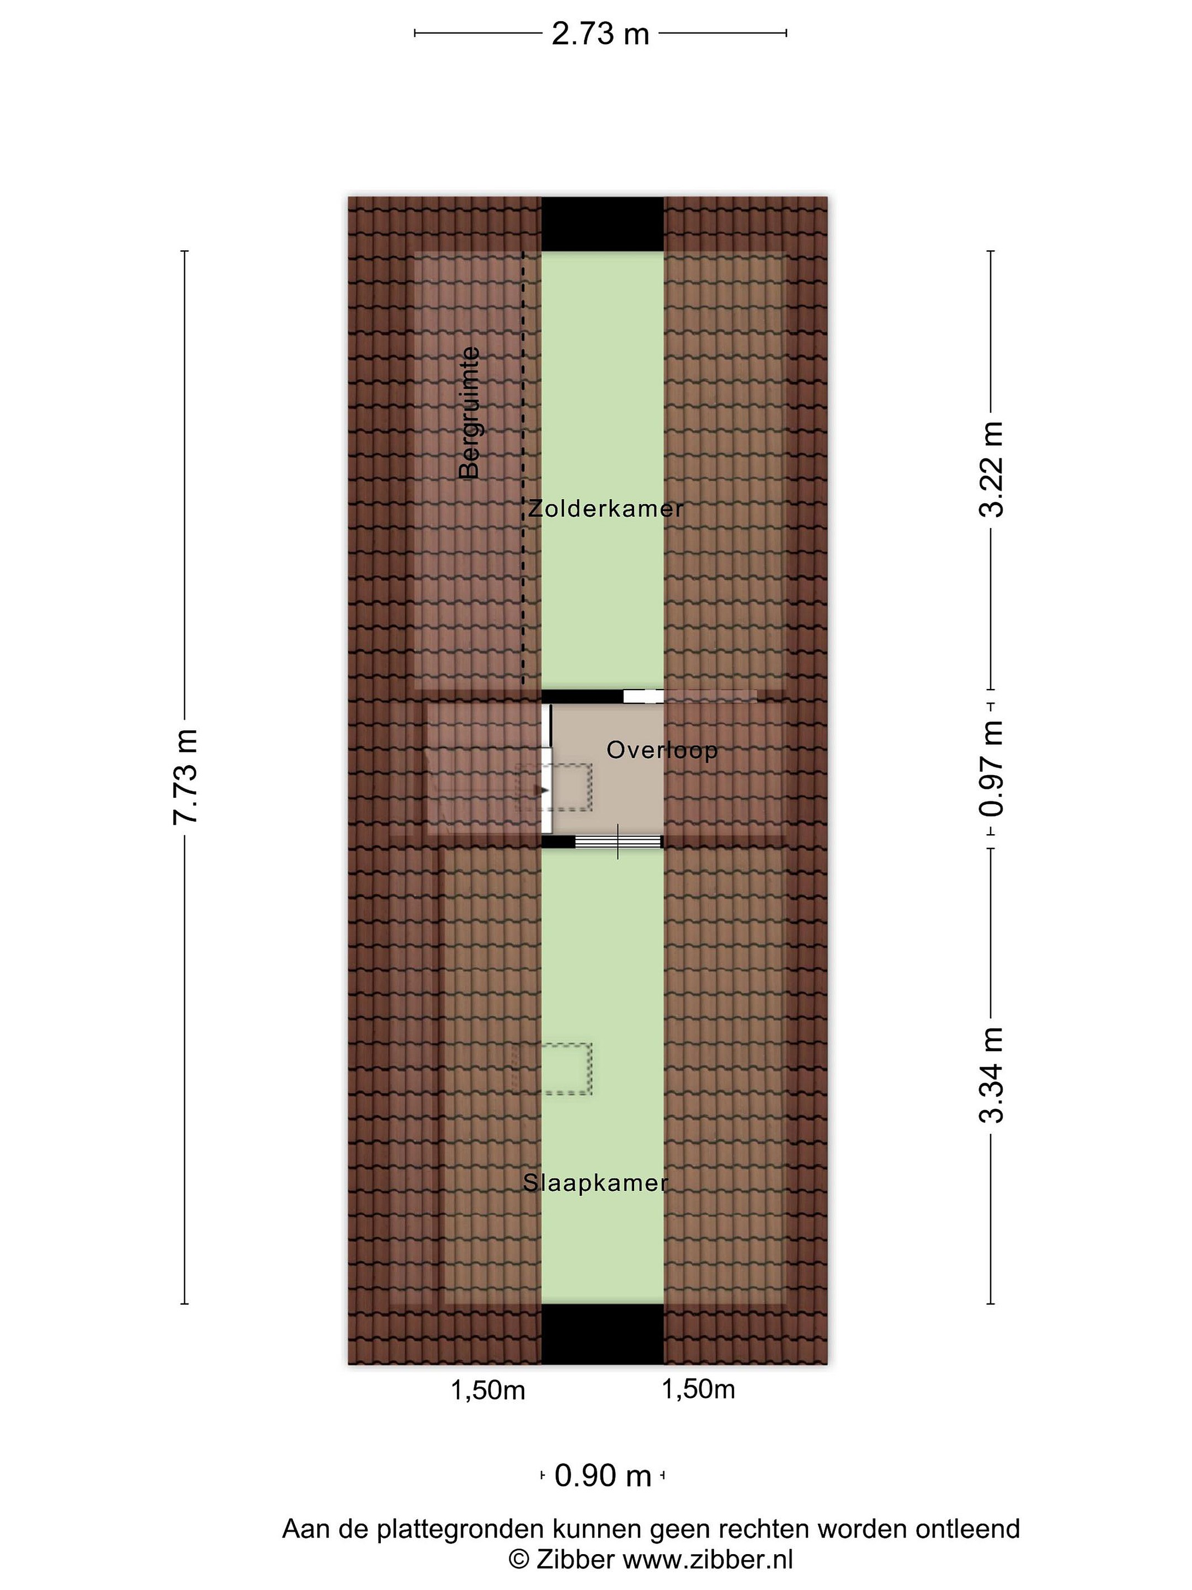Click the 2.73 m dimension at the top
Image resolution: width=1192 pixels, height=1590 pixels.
600,33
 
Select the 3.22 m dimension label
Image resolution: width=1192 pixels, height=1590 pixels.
992,469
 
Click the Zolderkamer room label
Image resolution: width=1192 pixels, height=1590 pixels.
606,508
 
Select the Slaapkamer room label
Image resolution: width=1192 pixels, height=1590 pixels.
595,1183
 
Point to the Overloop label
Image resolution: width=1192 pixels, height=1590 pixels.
662,750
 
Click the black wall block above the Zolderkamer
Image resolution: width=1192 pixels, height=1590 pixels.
602,224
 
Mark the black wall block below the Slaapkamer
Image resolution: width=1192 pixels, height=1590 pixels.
602,1333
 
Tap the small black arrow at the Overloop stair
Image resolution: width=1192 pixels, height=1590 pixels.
545,790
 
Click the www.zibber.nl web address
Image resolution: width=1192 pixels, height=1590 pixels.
707,1557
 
